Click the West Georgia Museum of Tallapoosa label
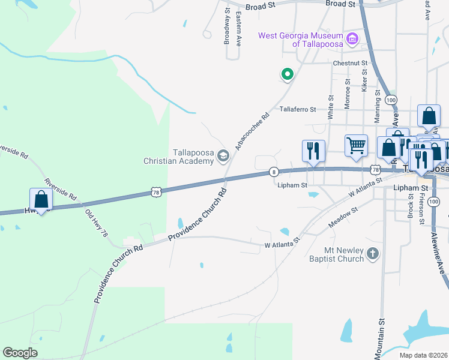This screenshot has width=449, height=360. [300, 40]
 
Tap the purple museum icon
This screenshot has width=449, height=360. [352, 41]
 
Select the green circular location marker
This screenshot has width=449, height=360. [288, 74]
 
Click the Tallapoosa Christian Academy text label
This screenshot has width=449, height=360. [178, 157]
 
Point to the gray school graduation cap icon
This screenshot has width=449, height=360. [223, 157]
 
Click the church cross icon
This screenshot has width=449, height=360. [373, 254]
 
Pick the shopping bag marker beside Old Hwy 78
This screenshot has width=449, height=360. [41, 199]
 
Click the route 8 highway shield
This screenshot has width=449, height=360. [274, 172]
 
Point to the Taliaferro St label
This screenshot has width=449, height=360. [307, 110]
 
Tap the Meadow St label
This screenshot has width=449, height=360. [343, 218]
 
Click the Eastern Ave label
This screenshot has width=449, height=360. [239, 29]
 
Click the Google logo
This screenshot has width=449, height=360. [20, 353]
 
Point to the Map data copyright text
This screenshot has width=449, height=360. [423, 355]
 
